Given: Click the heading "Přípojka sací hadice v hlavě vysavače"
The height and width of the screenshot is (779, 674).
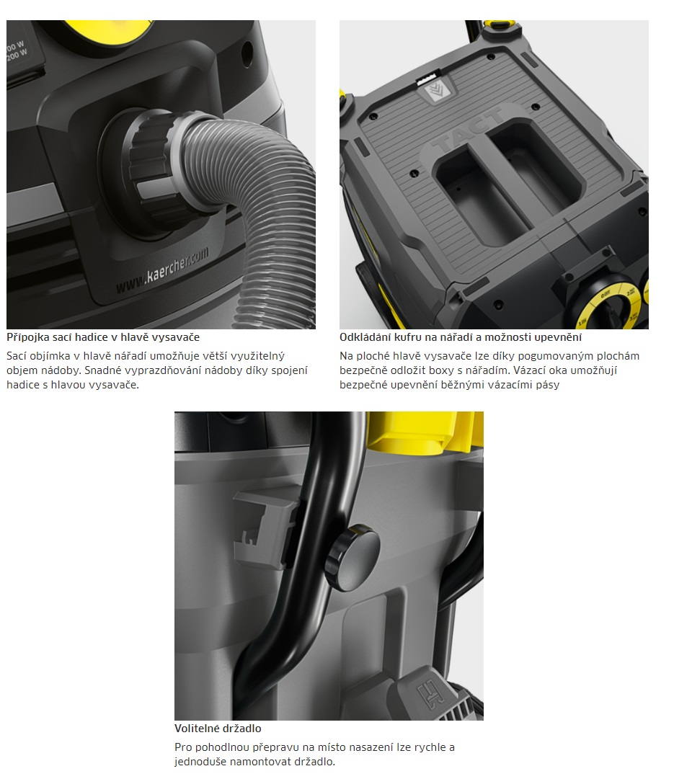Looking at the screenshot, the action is tap(103, 337).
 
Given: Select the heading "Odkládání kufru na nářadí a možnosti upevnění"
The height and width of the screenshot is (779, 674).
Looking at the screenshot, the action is tap(461, 337).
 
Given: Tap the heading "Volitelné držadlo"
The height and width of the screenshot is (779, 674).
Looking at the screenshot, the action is tap(218, 729).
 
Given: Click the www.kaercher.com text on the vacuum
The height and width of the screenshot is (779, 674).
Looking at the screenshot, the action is tap(162, 271).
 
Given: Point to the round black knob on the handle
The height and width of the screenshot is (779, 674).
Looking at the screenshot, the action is tap(352, 556).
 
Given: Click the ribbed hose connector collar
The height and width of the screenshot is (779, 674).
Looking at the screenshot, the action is tap(149, 159).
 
